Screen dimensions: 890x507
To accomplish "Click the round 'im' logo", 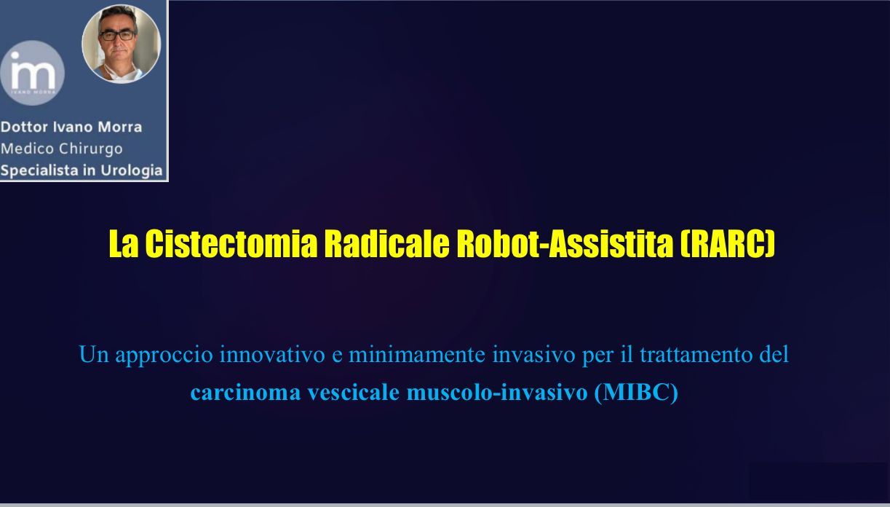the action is point(32,73).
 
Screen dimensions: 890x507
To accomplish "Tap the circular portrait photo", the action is point(122,44).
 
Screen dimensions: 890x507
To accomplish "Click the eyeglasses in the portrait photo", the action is point(118,36).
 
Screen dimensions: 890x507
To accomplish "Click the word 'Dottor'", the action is point(24,127).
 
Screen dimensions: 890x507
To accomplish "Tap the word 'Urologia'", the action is point(132,170).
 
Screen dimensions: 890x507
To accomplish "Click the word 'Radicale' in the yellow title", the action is point(387,243).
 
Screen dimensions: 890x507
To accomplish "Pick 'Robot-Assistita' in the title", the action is point(565,243).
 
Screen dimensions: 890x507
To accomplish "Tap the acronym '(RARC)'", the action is point(728,243).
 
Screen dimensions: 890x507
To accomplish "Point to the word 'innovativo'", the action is point(272,354).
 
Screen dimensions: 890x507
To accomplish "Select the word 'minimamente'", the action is point(417,354).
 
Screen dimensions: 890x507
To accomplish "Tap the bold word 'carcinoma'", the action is point(245,393).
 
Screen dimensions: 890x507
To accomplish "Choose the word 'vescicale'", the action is point(353,393).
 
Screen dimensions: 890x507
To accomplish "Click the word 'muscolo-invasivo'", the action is point(497,393).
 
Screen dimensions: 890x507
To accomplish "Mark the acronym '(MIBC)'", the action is point(636,393).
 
